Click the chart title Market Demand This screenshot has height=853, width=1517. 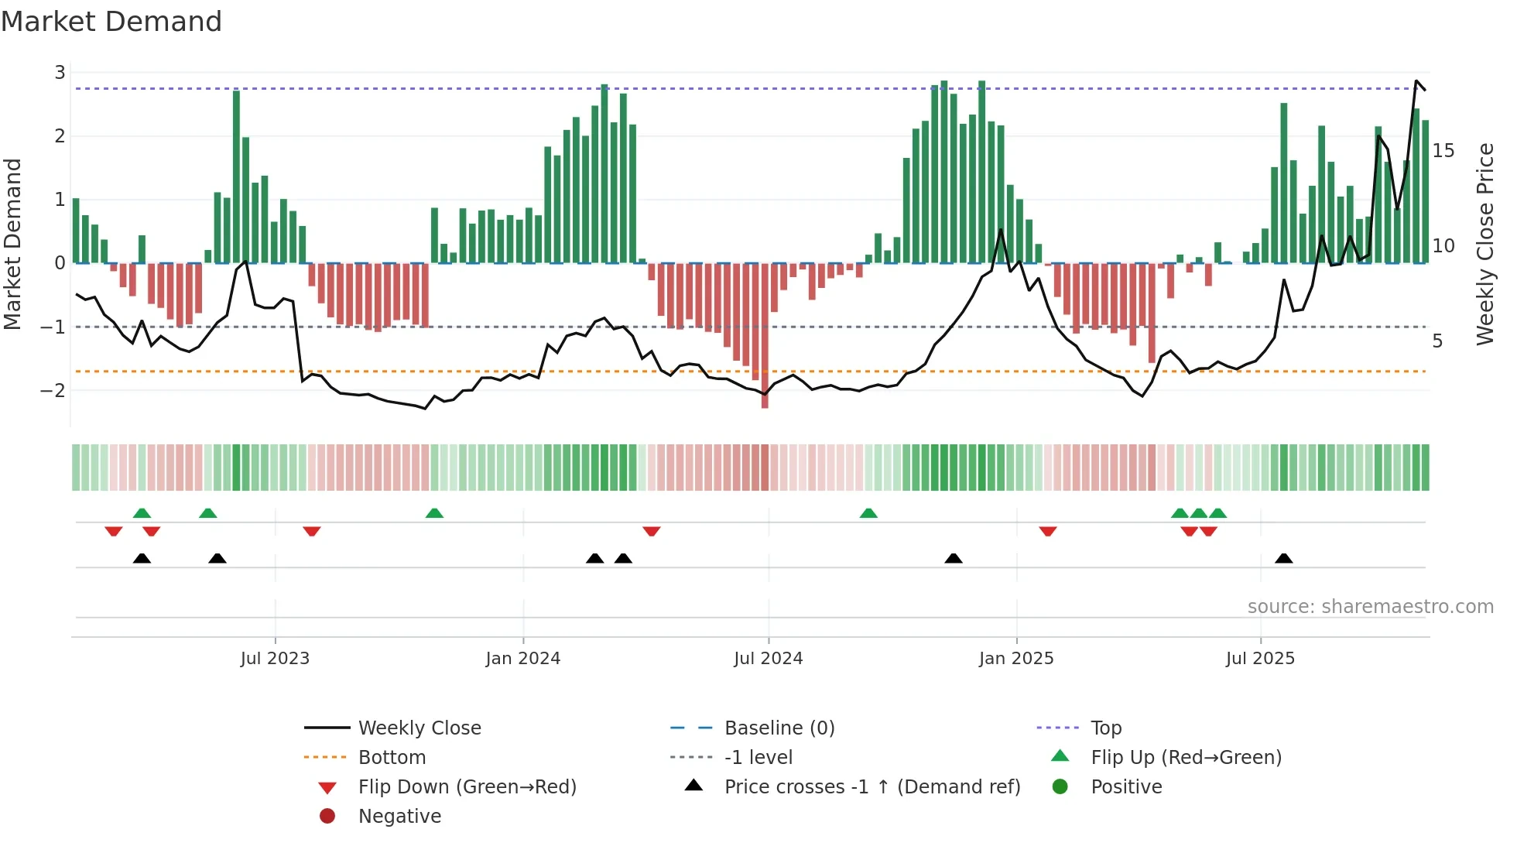click(111, 22)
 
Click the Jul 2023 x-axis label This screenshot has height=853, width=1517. click(275, 659)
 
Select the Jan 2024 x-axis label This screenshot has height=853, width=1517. click(522, 659)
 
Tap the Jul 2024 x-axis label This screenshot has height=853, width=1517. click(768, 659)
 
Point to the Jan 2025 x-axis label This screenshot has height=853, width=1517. click(1015, 659)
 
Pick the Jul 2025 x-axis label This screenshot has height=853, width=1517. click(1260, 659)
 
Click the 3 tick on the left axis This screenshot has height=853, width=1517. click(60, 73)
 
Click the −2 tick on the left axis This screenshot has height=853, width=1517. click(53, 391)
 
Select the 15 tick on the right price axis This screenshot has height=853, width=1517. click(1443, 151)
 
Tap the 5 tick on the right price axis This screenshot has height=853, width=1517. click(1437, 341)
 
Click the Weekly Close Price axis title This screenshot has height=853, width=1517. click(1484, 244)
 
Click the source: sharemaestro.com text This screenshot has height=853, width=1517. click(1370, 607)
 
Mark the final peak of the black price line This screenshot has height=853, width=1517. click(1416, 81)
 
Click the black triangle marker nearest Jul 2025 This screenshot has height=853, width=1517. click(1283, 559)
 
